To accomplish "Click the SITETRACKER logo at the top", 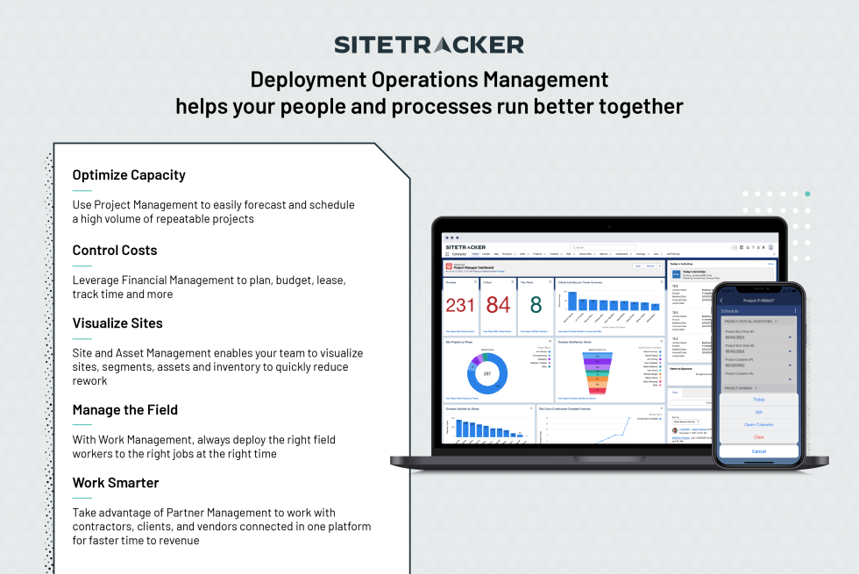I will [429, 45].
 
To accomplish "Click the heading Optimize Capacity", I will [129, 175].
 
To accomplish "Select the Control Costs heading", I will [115, 251].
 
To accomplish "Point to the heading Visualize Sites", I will [117, 323].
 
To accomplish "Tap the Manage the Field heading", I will [124, 410].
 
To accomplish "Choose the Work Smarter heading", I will [116, 483].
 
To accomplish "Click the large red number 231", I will [460, 305].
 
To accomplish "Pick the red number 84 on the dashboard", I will [498, 305].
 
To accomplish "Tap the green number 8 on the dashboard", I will [536, 304].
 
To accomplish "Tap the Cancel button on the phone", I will [758, 451].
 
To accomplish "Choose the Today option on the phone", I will [758, 400].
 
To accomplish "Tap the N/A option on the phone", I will [758, 412].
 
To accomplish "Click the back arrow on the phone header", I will [721, 301].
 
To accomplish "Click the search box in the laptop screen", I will [600, 247].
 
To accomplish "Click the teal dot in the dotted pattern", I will [807, 194].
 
